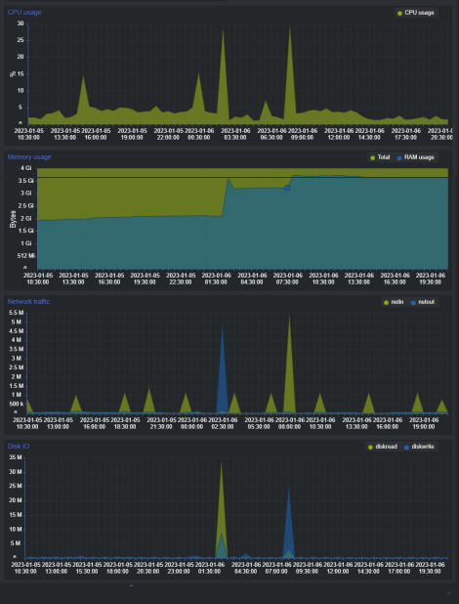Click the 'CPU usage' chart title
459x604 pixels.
(x=25, y=12)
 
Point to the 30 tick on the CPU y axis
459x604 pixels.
(x=21, y=22)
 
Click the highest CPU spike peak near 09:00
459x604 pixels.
(x=289, y=27)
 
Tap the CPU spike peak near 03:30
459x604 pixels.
(x=223, y=30)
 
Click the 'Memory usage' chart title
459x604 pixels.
(x=29, y=156)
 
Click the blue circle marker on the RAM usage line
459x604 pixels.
(x=287, y=188)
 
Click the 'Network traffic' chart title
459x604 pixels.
(x=29, y=301)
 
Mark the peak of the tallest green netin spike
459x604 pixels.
(x=289, y=316)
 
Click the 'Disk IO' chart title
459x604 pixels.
(x=19, y=446)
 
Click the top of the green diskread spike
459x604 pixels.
(x=222, y=463)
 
